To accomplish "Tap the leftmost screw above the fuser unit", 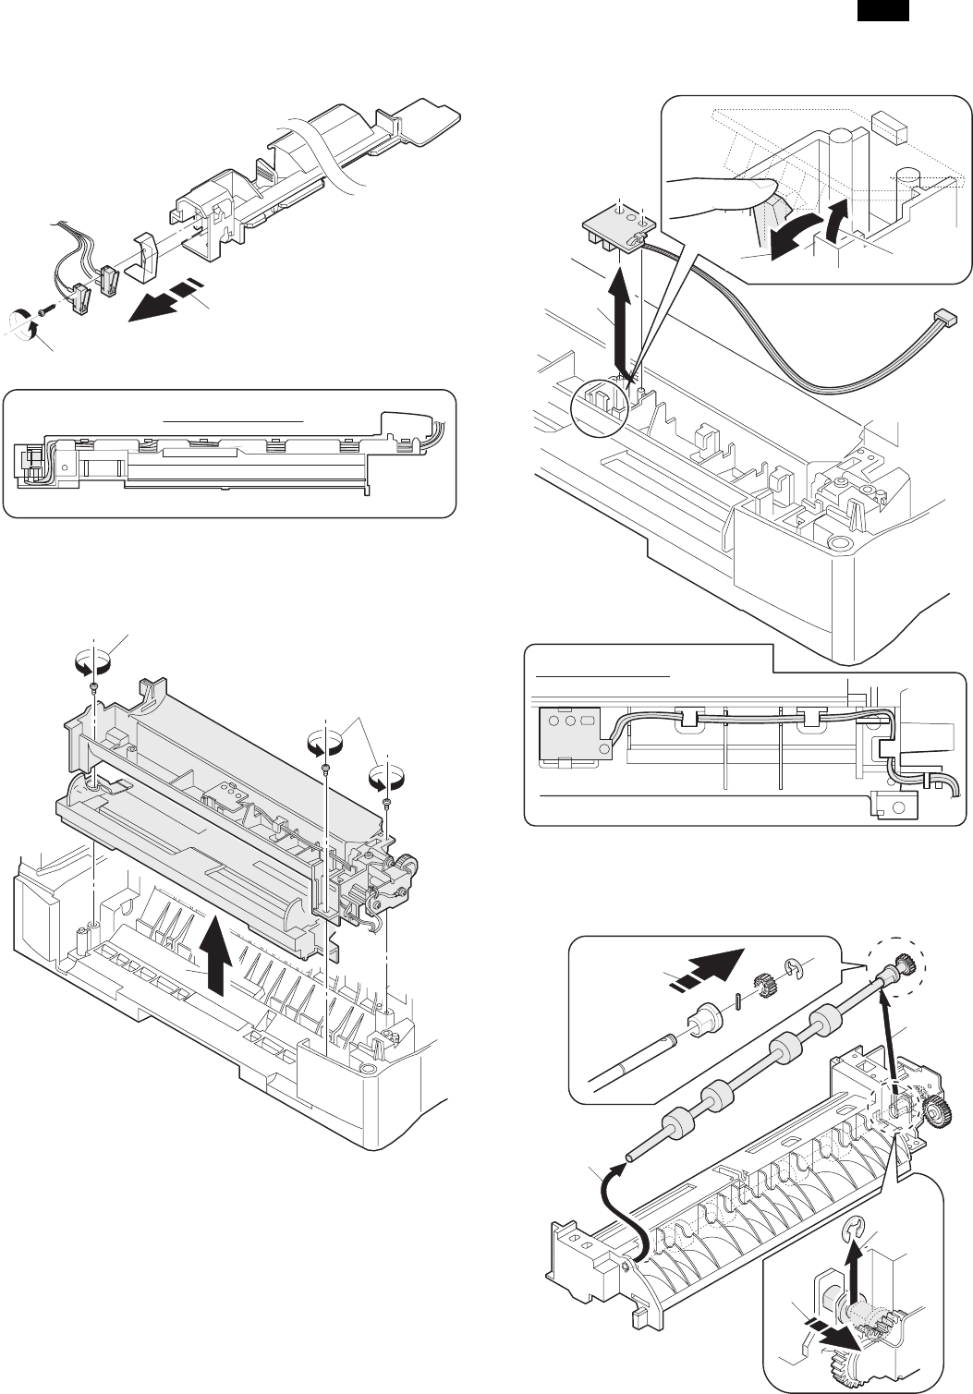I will (95, 686).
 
